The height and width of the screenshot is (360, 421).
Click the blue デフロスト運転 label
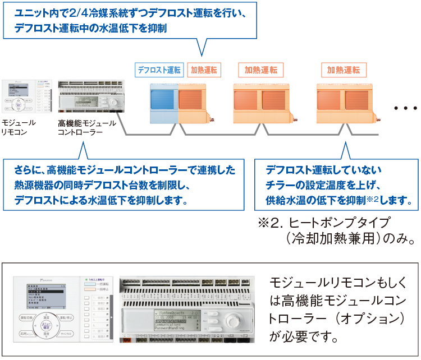(159, 70)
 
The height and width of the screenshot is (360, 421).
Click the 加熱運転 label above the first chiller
(204, 70)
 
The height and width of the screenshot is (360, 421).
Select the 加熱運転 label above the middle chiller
(260, 70)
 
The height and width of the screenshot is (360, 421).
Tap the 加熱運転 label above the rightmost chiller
(344, 70)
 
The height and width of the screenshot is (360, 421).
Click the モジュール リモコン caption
(18, 127)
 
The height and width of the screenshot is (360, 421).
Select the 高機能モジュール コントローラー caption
(86, 127)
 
